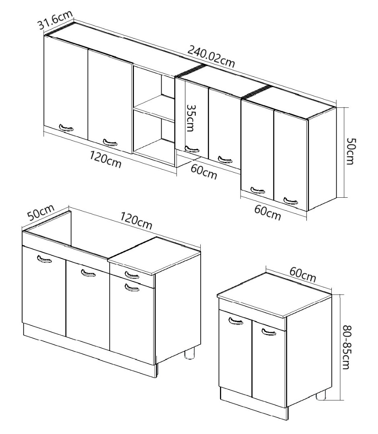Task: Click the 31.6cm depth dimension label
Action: coord(55,20)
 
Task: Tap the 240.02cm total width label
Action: coord(211,57)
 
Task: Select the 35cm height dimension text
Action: coord(191,118)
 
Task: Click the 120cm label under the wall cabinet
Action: coord(105,160)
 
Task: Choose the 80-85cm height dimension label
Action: coord(346,347)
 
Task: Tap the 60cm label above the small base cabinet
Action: coord(303,274)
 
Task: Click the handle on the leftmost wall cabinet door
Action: coord(66,128)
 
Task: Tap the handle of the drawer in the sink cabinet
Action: coord(132,275)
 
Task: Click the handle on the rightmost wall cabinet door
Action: coord(291,201)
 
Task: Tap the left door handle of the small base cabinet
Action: coord(236,321)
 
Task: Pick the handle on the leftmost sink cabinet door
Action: coord(44,259)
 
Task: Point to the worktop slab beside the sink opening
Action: coord(154,256)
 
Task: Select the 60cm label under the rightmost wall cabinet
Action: coord(267,213)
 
